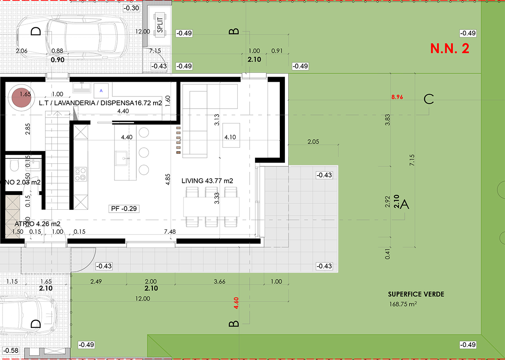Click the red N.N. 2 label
point(449,48)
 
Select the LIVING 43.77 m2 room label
point(207,181)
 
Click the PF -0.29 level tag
point(124,208)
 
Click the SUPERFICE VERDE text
point(416,294)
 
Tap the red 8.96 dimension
point(397,96)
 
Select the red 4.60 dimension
point(236,304)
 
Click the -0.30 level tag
point(132,8)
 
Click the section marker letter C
point(429,99)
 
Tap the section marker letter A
point(405,205)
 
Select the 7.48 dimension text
point(170,232)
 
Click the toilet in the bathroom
point(13,167)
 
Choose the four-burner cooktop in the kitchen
point(80,174)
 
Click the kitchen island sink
point(125,159)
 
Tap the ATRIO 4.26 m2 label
point(37,224)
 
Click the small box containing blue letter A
point(101,90)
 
